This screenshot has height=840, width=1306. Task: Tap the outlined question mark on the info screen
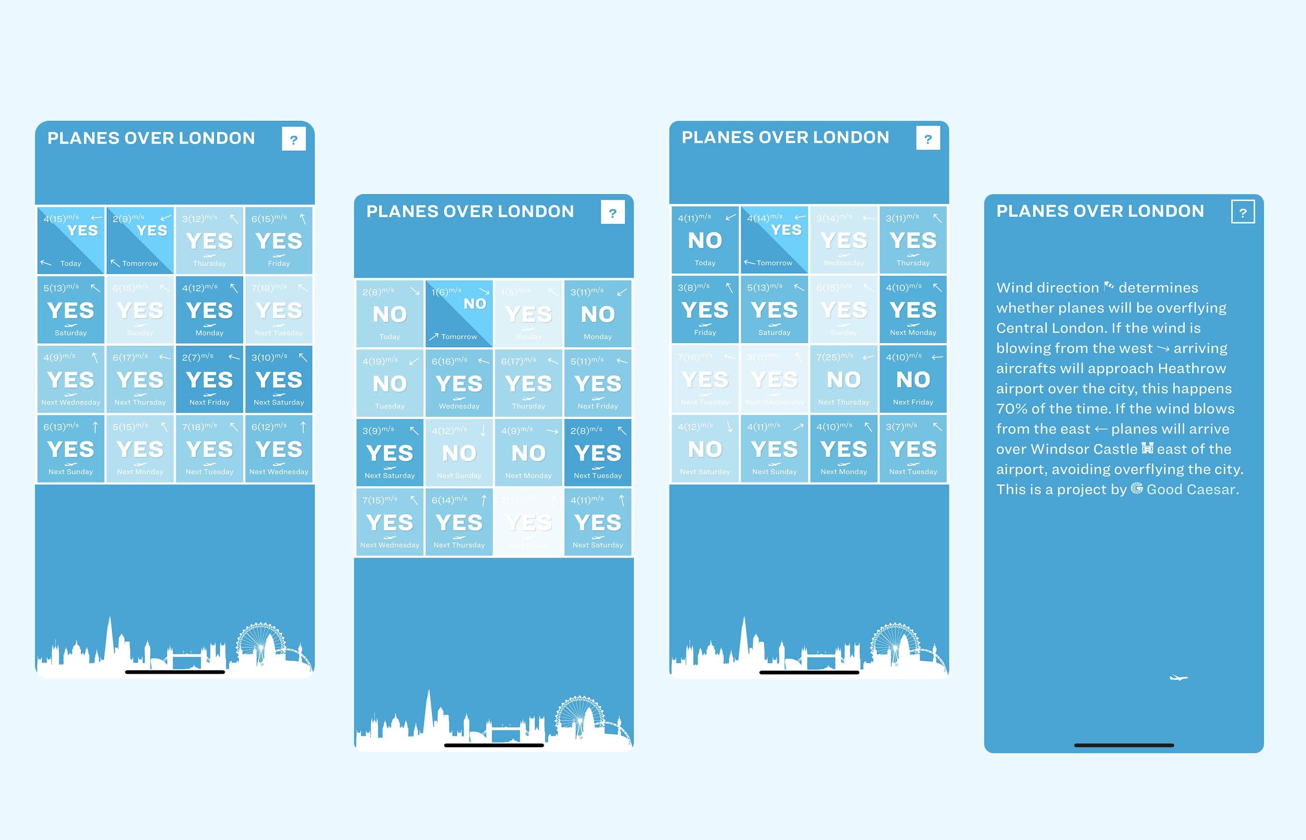pyautogui.click(x=1242, y=212)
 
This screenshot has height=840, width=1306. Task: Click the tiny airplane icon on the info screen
pyautogui.click(x=1179, y=678)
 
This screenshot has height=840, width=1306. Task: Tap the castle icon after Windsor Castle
pyautogui.click(x=1147, y=448)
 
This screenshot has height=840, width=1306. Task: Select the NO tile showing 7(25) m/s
pyautogui.click(x=843, y=379)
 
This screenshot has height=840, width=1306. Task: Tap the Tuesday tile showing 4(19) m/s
pyautogui.click(x=390, y=383)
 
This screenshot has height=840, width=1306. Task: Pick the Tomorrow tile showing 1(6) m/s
pyautogui.click(x=459, y=314)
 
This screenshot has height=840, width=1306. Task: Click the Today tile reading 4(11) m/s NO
pyautogui.click(x=705, y=240)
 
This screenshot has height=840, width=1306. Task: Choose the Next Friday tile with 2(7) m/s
pyautogui.click(x=209, y=379)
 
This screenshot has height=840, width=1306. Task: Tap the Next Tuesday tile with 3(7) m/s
pyautogui.click(x=913, y=448)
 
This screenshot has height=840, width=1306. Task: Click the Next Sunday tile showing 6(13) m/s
pyautogui.click(x=71, y=448)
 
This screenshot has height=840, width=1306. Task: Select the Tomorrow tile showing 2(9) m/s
pyautogui.click(x=140, y=240)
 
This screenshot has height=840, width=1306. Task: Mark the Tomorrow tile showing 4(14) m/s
pyautogui.click(x=774, y=240)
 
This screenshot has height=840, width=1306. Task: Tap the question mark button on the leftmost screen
pyautogui.click(x=294, y=139)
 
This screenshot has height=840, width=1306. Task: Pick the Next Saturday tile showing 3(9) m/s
pyautogui.click(x=390, y=452)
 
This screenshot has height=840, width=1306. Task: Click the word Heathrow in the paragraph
pyautogui.click(x=1192, y=368)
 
